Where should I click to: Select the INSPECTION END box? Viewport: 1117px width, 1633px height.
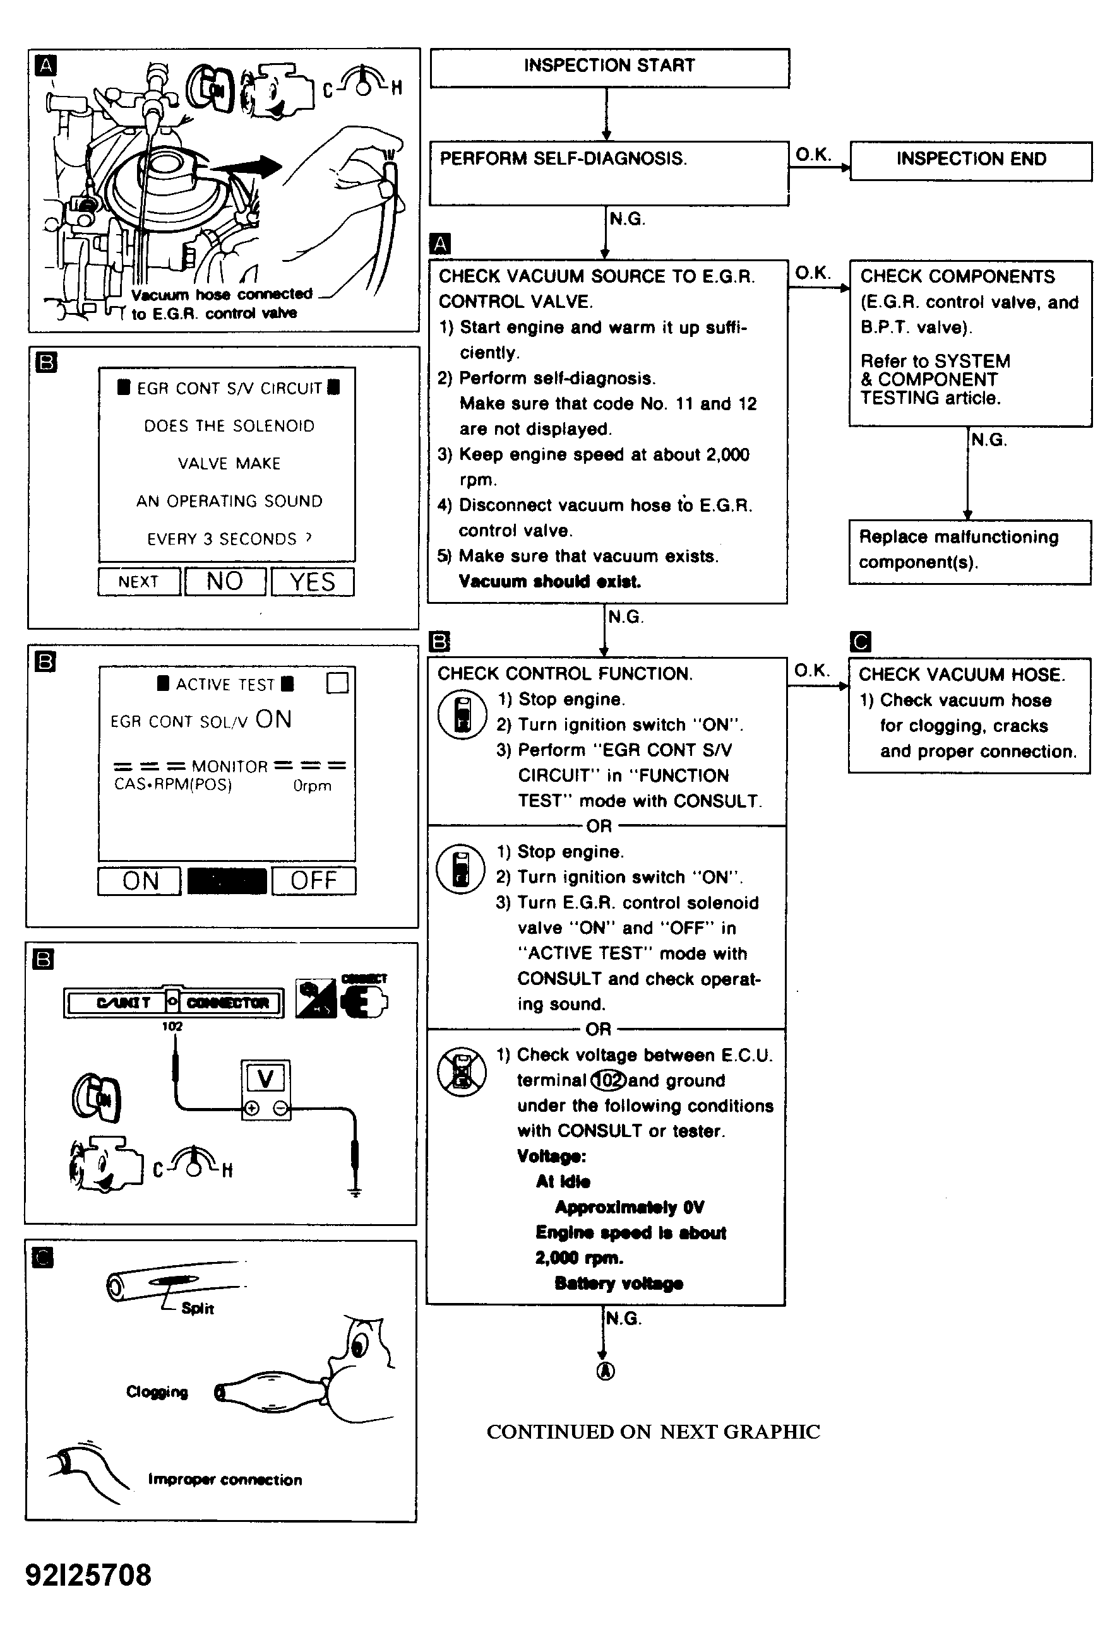[970, 160]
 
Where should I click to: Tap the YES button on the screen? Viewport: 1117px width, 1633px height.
[312, 582]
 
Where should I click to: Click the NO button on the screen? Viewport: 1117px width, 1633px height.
[225, 582]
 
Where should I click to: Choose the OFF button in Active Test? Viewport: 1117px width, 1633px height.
[314, 880]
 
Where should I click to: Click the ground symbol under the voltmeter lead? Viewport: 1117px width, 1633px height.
[355, 1192]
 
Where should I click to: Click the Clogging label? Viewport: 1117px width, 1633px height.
[157, 1392]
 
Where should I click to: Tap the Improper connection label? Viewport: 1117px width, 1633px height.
[225, 1480]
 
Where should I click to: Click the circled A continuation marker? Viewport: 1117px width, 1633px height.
[606, 1371]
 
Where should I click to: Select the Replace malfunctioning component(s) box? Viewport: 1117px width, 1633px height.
[969, 551]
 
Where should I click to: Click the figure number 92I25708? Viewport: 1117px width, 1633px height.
[88, 1575]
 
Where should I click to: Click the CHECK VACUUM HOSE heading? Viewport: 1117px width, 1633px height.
[962, 675]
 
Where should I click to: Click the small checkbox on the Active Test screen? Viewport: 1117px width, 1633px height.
[338, 682]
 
